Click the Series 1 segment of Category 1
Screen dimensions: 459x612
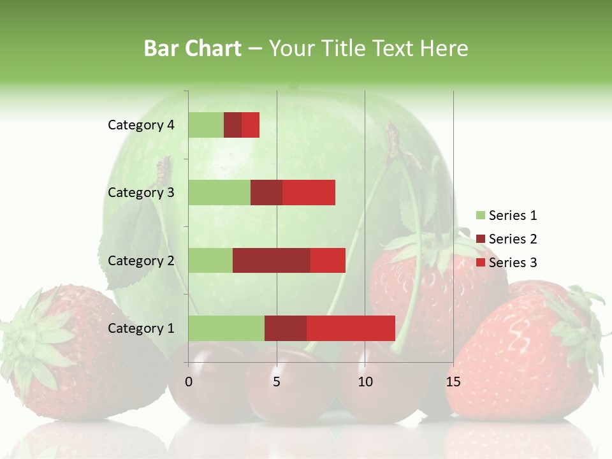[226, 328]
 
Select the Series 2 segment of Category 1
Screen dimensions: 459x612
[286, 328]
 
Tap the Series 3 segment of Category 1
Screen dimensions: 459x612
[351, 328]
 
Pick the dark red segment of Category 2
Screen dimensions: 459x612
[272, 260]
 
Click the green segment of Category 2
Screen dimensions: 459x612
[210, 260]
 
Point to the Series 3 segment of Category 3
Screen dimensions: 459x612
[309, 193]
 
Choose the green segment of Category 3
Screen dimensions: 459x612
[219, 193]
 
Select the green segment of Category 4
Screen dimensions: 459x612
[206, 125]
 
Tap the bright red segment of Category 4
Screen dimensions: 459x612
[251, 125]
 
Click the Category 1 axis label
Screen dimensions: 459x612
[141, 328]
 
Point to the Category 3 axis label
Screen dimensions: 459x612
[141, 193]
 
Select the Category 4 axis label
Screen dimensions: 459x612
[141, 125]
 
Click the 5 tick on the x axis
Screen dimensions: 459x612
[277, 382]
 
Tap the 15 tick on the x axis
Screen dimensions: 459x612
[453, 382]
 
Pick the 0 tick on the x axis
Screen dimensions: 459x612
[189, 382]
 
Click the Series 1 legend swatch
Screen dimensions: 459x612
[480, 215]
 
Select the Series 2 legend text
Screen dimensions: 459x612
[513, 239]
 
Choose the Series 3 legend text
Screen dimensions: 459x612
[513, 263]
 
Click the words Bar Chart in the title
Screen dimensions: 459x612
[192, 48]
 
